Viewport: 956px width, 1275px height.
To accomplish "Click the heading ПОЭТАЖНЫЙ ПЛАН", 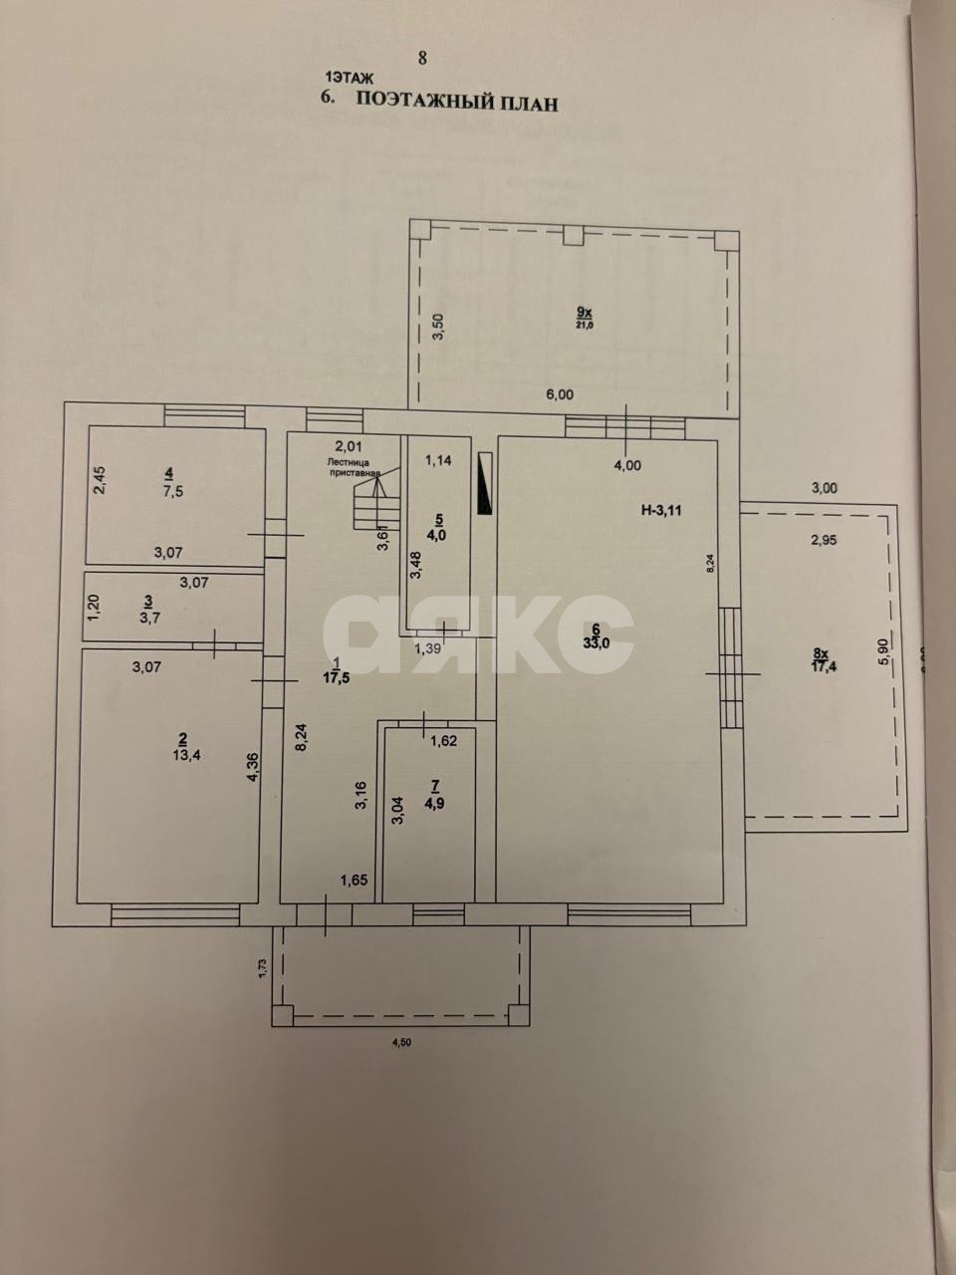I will point(457,102).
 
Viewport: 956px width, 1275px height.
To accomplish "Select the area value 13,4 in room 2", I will point(181,754).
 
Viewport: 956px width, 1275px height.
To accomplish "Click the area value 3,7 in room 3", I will point(148,618).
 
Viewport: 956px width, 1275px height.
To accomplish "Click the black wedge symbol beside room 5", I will point(484,485).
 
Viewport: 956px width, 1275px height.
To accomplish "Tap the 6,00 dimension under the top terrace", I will point(560,394).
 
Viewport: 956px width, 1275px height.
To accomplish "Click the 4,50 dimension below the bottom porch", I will point(400,1043).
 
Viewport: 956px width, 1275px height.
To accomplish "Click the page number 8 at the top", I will point(422,58).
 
